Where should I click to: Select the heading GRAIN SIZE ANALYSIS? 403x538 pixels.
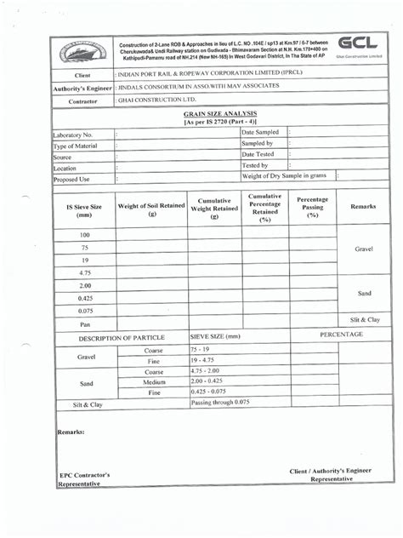220,113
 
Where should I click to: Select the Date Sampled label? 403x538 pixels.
259,132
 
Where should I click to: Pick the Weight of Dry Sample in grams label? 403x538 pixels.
284,175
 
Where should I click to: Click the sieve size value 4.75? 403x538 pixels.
85,272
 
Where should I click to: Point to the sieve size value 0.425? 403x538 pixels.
85,298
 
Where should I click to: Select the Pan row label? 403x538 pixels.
85,324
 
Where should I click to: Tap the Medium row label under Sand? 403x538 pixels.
154,382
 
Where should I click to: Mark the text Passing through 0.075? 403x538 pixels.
220,402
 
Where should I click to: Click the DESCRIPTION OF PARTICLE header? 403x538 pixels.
121,338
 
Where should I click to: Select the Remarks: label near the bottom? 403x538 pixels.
71,432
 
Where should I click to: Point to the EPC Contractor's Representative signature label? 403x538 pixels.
84,478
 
